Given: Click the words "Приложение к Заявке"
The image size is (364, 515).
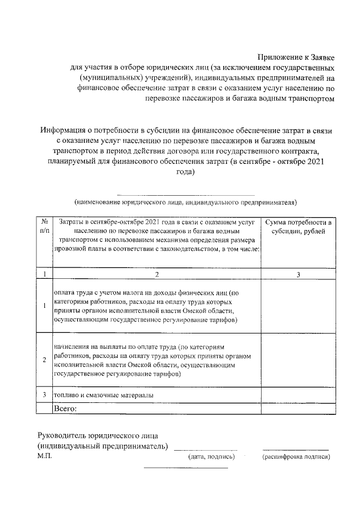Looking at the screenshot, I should [x=296, y=57].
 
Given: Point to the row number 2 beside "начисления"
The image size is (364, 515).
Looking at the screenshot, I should [x=44, y=360].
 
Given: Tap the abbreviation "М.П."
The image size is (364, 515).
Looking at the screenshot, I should [x=45, y=456].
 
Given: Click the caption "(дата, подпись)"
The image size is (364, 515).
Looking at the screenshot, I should [x=211, y=456].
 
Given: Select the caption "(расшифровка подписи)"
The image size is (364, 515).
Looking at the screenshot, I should [x=296, y=456].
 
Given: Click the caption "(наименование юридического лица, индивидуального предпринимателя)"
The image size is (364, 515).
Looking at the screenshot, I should [x=185, y=203].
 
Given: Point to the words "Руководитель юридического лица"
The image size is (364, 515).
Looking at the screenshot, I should [x=98, y=435].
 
